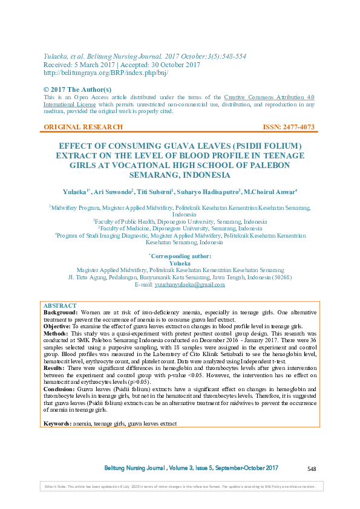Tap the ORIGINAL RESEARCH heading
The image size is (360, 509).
(83, 127)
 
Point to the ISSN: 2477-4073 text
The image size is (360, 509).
(289, 127)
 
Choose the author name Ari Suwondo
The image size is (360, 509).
(113, 192)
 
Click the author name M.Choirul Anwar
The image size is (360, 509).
(270, 192)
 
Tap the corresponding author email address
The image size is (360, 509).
(189, 284)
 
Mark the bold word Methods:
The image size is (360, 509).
(56, 333)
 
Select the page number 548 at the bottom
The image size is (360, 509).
(312, 469)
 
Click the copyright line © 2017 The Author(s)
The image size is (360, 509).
(77, 89)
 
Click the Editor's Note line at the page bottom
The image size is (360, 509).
(180, 487)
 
